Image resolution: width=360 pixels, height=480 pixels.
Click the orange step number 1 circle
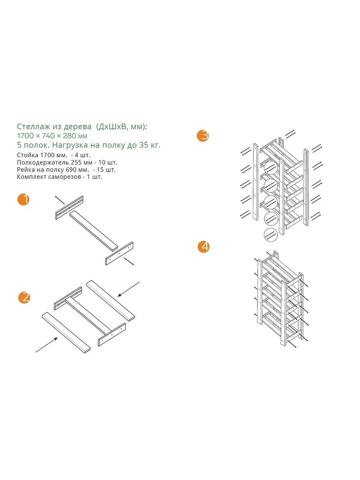click(x=23, y=199)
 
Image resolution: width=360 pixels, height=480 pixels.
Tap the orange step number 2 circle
click(x=24, y=298)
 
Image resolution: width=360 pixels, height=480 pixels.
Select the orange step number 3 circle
click(x=203, y=136)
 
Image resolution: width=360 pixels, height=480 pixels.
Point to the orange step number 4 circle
click(x=204, y=247)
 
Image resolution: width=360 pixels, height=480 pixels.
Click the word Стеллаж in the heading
click(x=34, y=126)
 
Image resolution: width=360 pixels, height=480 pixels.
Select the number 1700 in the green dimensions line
click(x=25, y=136)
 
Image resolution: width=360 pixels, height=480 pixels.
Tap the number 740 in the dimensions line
click(x=48, y=136)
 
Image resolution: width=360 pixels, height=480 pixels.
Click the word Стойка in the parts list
click(x=28, y=155)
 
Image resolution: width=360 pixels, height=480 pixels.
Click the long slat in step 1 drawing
click(x=94, y=231)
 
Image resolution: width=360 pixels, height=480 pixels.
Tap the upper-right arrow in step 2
click(x=128, y=289)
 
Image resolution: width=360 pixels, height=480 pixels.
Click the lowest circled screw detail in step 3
click(x=271, y=235)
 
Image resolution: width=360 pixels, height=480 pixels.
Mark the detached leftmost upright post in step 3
click(x=256, y=182)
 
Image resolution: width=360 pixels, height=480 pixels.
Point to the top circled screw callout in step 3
click(x=271, y=168)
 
